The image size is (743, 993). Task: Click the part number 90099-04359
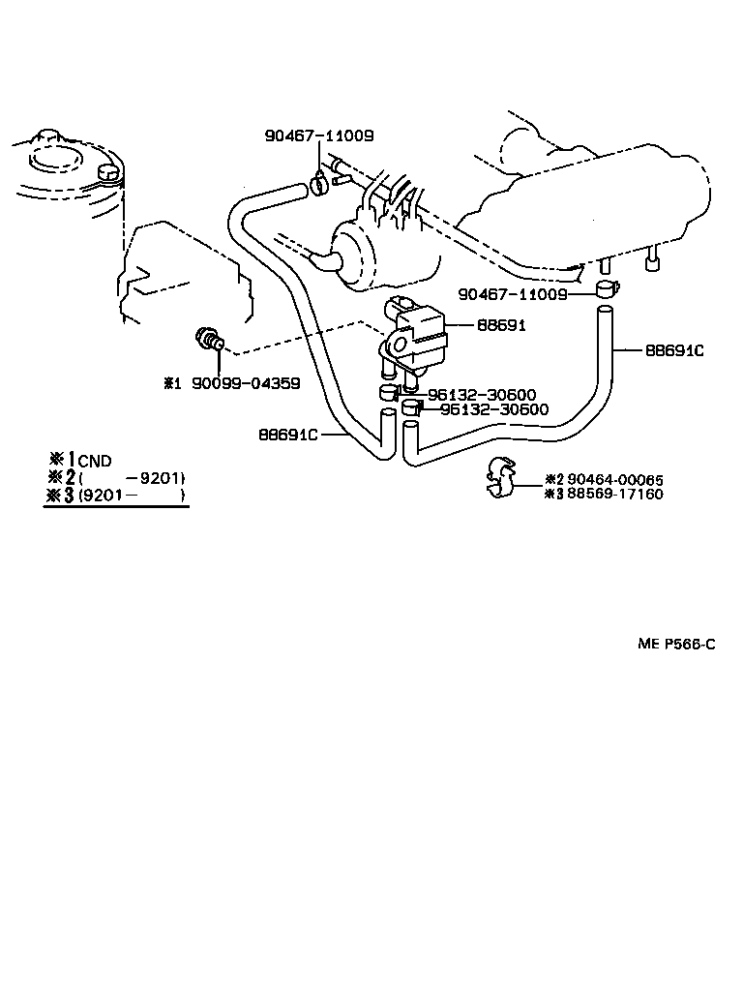coord(245,383)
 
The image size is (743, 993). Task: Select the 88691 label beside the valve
coord(500,326)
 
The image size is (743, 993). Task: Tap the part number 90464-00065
coord(615,479)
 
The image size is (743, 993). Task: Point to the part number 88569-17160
coord(615,494)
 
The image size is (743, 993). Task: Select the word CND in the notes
coord(95,461)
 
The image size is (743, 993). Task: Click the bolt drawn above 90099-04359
coord(211,341)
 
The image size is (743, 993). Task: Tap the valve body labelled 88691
coord(417,334)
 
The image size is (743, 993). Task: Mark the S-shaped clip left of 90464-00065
coord(503,477)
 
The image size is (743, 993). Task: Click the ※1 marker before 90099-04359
coord(171,383)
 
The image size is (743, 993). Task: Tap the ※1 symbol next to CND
coord(62,461)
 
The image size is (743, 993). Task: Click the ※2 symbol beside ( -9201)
coord(62,478)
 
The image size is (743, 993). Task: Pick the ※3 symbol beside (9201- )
coord(62,496)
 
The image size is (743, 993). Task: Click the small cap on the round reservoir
coord(108,173)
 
